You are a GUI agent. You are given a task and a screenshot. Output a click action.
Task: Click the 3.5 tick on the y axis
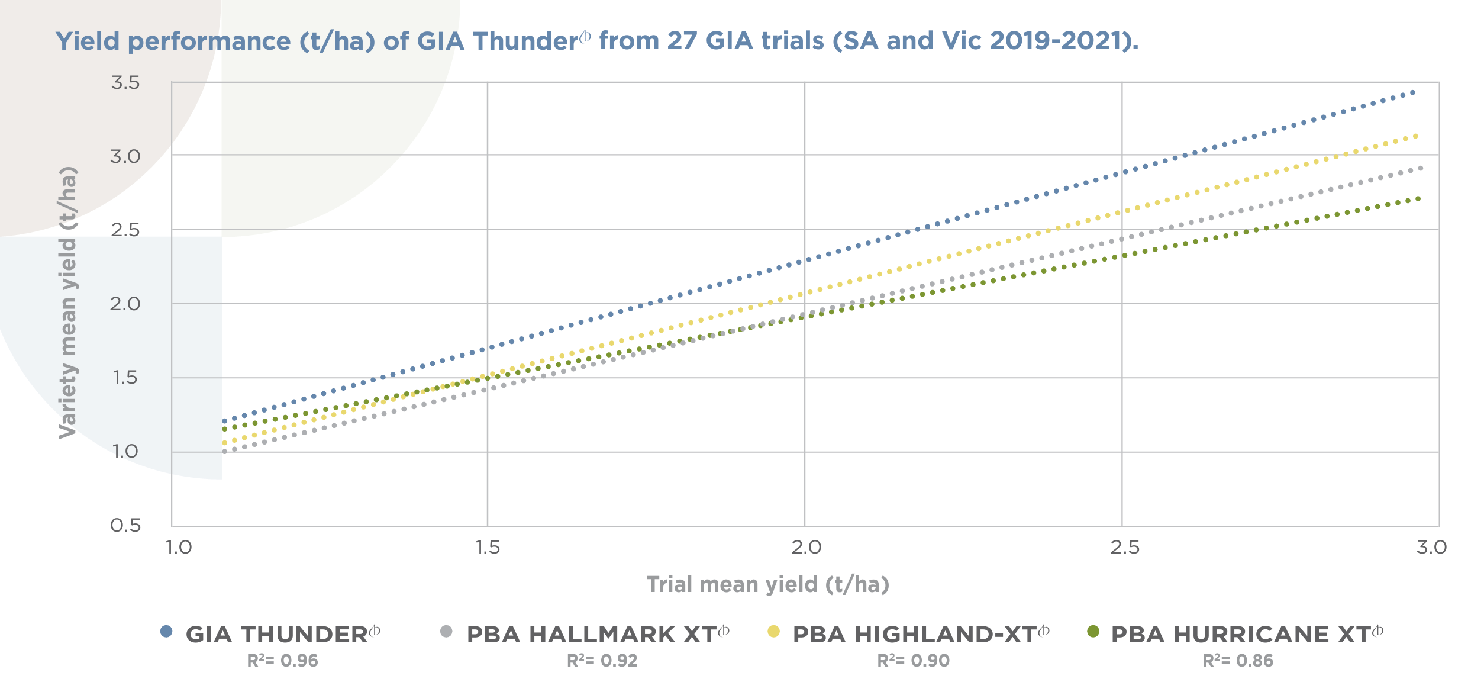pyautogui.click(x=125, y=83)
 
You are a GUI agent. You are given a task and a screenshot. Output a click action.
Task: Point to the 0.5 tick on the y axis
pyautogui.click(x=125, y=526)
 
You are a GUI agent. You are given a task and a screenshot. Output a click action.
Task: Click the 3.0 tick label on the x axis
pyautogui.click(x=1431, y=548)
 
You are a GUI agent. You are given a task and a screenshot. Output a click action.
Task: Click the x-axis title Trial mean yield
pyautogui.click(x=767, y=585)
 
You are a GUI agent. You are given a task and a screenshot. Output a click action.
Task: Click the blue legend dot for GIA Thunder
pyautogui.click(x=166, y=632)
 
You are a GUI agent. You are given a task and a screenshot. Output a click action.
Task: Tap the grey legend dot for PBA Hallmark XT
pyautogui.click(x=446, y=632)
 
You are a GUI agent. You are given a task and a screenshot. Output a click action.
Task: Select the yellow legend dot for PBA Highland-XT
pyautogui.click(x=773, y=632)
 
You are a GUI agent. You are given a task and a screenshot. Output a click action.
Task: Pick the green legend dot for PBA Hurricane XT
pyautogui.click(x=1093, y=632)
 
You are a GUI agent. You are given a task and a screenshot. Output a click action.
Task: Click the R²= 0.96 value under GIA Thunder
pyautogui.click(x=283, y=661)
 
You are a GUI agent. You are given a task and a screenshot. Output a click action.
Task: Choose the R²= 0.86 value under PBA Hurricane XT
pyautogui.click(x=1238, y=661)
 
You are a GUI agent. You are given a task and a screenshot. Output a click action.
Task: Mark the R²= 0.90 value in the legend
pyautogui.click(x=914, y=661)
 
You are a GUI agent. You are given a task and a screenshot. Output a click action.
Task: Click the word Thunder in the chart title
pyautogui.click(x=525, y=41)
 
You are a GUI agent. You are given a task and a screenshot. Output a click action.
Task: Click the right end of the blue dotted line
pyautogui.click(x=1413, y=92)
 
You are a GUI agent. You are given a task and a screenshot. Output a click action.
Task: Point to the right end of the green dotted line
pyautogui.click(x=1419, y=199)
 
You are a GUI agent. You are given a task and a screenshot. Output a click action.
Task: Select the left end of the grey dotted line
pyautogui.click(x=224, y=452)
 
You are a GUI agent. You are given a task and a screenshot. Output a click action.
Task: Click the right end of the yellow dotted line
pyautogui.click(x=1416, y=136)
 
